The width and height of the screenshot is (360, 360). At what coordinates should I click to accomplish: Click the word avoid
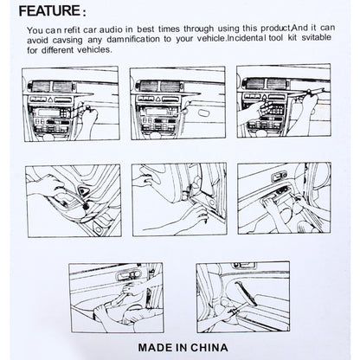coord(39,39)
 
